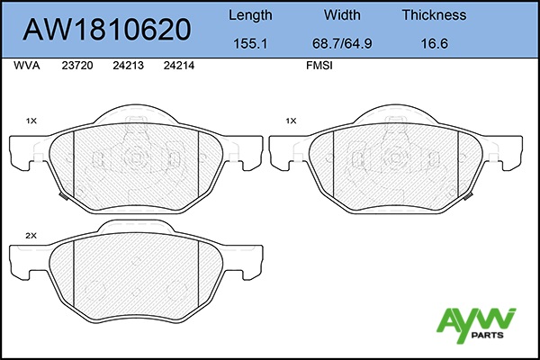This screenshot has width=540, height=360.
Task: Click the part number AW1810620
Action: tap(107, 30)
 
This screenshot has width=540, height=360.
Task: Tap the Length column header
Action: tap(250, 15)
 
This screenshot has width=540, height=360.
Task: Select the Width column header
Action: tap(342, 15)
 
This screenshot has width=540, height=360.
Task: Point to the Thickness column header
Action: tap(434, 15)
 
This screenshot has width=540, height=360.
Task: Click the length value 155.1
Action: tap(250, 44)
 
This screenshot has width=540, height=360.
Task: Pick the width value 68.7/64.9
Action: tap(342, 44)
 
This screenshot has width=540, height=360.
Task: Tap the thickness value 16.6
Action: tap(435, 44)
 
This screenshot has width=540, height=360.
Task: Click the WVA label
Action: tap(27, 66)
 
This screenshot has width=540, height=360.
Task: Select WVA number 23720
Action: tap(77, 66)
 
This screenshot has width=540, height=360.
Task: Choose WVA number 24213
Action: tap(128, 66)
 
